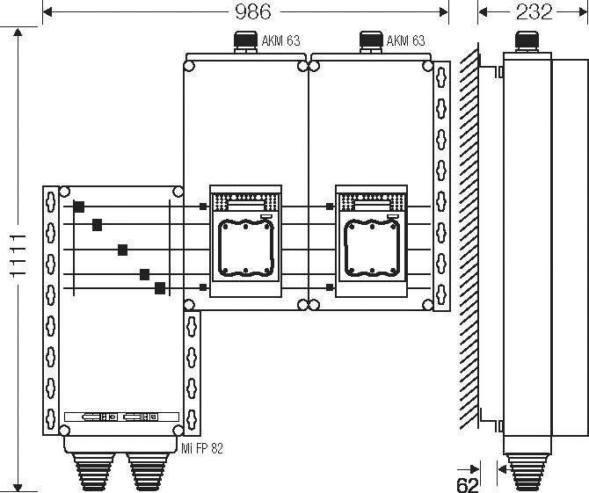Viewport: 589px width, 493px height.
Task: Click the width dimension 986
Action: tap(251, 11)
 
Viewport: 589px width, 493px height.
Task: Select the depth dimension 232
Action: tap(534, 11)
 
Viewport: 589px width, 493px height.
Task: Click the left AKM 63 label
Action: tap(281, 40)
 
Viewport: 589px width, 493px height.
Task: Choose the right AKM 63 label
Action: tap(406, 40)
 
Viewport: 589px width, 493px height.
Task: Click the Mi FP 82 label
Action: tap(204, 448)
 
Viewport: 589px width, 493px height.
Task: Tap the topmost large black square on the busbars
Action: tap(79, 207)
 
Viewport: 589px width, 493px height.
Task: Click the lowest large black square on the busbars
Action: tap(160, 287)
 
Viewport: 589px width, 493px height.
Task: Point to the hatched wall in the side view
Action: tap(468, 237)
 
